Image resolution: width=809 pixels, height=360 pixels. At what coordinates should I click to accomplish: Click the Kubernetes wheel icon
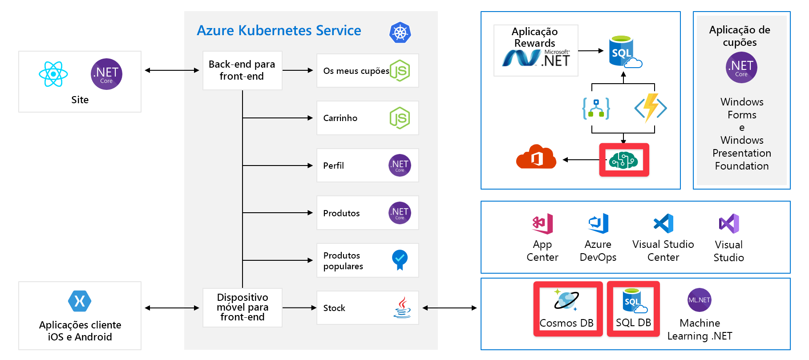400,32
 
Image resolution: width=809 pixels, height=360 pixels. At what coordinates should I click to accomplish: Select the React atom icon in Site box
53,74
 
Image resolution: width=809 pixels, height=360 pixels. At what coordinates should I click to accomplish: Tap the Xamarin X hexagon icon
80,301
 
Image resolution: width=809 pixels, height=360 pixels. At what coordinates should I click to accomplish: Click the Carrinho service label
340,118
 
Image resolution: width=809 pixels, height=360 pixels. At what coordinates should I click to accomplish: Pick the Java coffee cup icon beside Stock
402,307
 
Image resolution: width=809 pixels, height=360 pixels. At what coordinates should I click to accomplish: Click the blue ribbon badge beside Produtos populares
400,259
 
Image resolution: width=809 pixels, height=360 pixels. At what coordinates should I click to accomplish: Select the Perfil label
333,166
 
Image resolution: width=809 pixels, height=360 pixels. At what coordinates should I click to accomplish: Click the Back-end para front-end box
242,70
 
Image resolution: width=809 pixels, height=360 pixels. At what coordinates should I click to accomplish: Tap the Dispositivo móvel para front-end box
242,307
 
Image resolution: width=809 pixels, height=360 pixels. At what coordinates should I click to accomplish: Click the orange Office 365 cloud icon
536,157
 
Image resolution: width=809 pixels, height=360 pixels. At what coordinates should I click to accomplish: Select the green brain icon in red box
623,160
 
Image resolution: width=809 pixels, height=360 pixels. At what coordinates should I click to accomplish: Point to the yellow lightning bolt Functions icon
651,108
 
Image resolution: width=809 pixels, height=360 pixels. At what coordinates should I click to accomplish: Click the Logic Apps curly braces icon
596,108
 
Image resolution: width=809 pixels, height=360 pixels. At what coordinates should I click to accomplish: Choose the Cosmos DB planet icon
566,300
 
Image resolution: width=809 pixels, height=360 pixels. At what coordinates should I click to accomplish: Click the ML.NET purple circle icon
699,300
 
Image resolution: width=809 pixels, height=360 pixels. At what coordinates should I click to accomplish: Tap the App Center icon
542,223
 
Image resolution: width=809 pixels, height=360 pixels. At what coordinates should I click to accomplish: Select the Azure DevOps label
598,251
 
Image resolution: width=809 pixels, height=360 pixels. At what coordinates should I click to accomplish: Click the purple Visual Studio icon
728,223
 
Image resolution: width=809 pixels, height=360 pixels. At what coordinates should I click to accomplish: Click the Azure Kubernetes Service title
279,30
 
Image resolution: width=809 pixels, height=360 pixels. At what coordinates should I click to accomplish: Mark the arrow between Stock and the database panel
449,307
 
